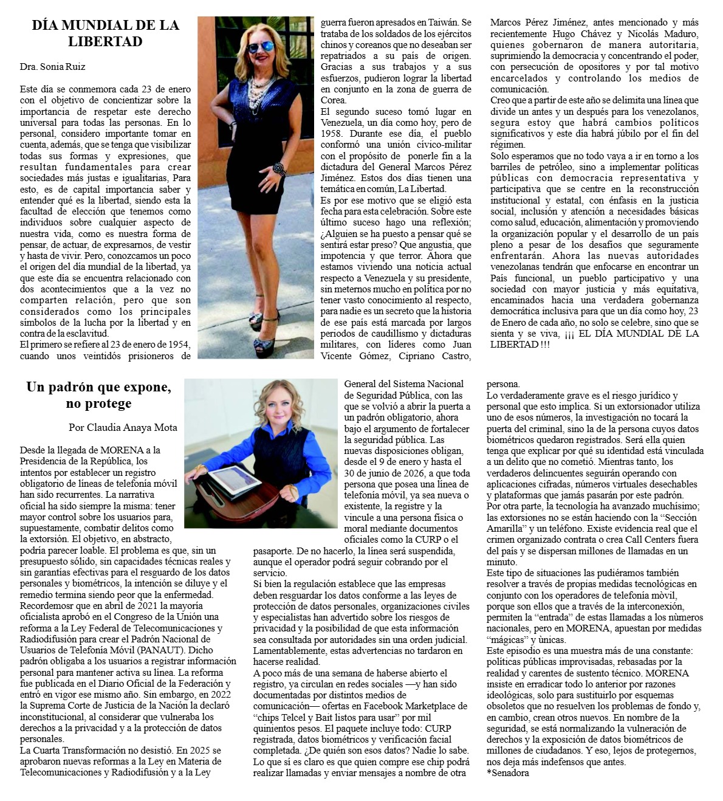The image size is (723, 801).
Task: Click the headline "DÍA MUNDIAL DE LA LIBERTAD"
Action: point(105,33)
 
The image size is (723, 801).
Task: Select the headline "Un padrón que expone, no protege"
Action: point(98,395)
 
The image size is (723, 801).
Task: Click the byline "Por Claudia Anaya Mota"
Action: point(123,427)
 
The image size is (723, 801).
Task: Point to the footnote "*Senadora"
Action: point(507,773)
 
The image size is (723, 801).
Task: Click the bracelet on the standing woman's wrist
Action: point(278,168)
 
